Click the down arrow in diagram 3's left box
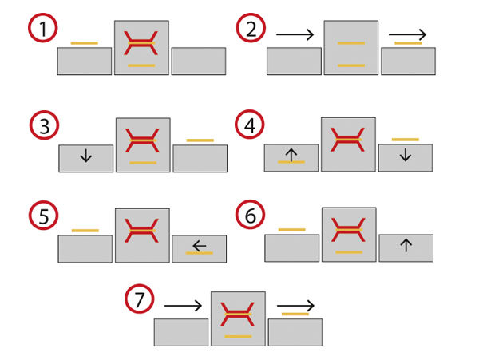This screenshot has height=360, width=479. (x=85, y=156)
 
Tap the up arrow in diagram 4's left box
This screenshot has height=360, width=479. (x=291, y=156)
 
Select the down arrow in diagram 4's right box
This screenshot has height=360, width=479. (x=405, y=156)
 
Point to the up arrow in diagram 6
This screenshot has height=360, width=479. (x=406, y=247)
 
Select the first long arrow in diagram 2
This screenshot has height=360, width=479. (x=296, y=34)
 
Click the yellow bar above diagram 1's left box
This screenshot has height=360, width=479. (x=84, y=42)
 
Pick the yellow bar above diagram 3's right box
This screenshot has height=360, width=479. (x=200, y=140)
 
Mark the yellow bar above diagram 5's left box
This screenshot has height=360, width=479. (x=85, y=231)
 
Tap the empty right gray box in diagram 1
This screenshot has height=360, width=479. (x=198, y=61)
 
